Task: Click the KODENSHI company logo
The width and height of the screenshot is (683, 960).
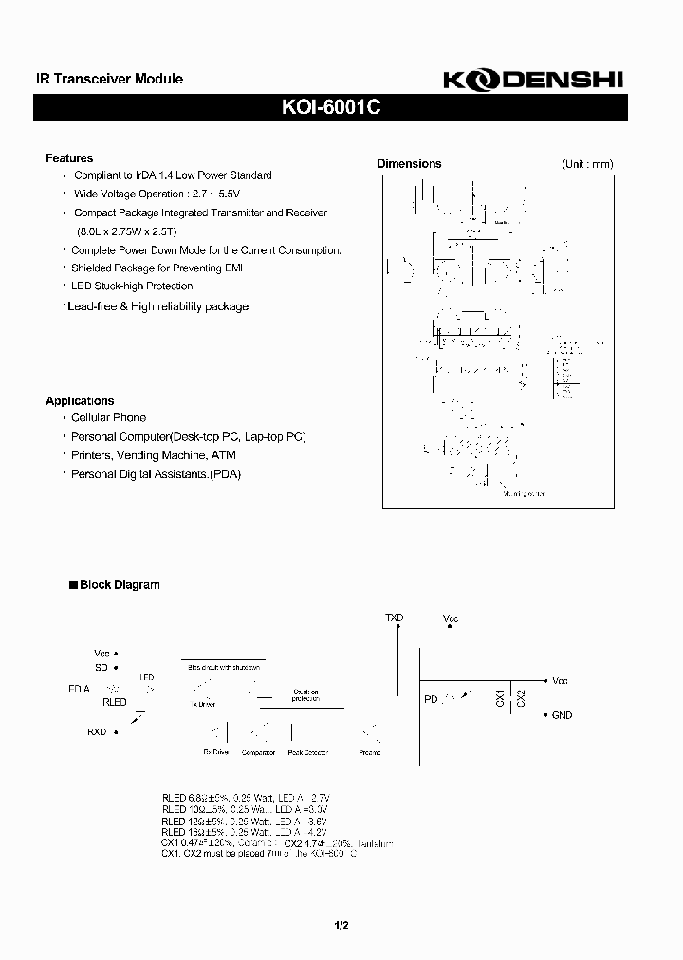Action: click(531, 82)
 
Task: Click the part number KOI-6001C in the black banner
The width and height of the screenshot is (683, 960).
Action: click(332, 108)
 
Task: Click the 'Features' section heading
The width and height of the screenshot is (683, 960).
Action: click(69, 158)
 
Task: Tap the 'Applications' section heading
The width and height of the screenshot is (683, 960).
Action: click(80, 401)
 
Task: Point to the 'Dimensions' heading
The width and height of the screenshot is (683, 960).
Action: click(409, 164)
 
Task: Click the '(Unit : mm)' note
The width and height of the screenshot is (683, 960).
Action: click(587, 164)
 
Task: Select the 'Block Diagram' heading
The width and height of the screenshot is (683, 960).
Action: click(120, 585)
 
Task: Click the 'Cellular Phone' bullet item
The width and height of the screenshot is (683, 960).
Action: click(108, 417)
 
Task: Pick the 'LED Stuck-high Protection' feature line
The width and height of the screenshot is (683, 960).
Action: click(132, 286)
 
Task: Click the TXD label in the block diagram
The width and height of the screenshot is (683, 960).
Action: click(394, 618)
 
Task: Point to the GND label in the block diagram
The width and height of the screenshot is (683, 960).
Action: click(562, 715)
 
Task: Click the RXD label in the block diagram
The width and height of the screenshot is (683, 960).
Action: click(97, 732)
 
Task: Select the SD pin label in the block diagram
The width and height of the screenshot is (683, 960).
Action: click(102, 667)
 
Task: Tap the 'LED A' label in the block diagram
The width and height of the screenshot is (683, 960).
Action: click(77, 689)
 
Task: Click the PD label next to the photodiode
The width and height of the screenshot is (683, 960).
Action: click(432, 699)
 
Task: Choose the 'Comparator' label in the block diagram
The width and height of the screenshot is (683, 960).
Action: click(258, 752)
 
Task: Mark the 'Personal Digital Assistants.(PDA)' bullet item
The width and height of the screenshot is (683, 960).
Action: click(157, 473)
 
